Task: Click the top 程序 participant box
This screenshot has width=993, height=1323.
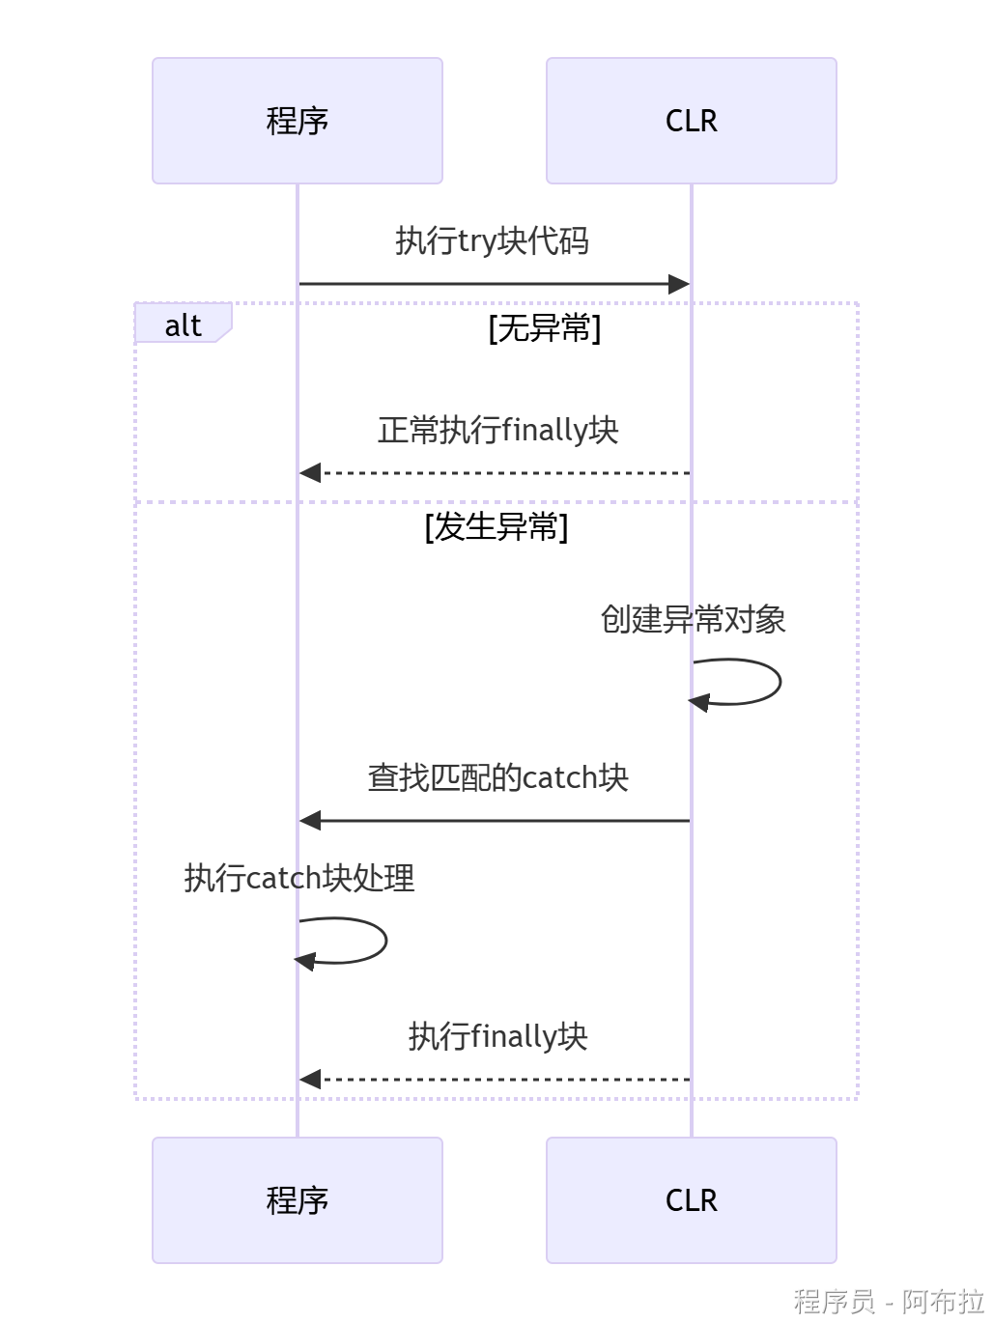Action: [x=297, y=121]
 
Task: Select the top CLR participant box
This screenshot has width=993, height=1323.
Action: [x=691, y=121]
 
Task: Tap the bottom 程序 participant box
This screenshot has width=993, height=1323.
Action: [x=297, y=1200]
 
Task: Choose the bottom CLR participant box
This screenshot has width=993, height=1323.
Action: [x=691, y=1200]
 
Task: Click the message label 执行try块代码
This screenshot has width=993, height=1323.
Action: [x=492, y=240]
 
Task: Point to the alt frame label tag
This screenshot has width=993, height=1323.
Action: [x=183, y=324]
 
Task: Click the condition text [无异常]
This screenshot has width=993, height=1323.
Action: [x=545, y=328]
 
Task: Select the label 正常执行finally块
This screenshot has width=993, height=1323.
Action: [x=497, y=430]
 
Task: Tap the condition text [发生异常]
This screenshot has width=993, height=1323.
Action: [x=496, y=527]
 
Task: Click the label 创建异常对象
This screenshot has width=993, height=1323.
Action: [x=693, y=619]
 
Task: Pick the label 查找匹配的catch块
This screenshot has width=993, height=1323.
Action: [x=497, y=777]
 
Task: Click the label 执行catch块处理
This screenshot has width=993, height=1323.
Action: [x=299, y=878]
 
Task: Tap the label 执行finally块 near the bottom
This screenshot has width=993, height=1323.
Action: [x=497, y=1036]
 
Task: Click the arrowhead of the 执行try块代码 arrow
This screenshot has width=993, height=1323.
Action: [x=679, y=284]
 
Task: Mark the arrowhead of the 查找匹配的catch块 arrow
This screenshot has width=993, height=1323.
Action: [x=310, y=821]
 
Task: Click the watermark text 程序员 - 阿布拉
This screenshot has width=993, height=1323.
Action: [x=888, y=1301]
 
